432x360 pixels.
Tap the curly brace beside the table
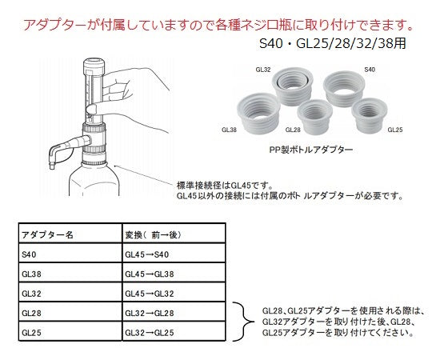(x=238, y=320)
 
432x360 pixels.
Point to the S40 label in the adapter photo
(x=369, y=70)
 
